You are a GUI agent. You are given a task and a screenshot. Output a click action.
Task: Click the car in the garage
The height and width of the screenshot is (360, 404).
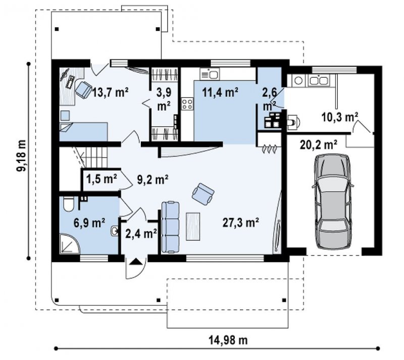[x=332, y=201]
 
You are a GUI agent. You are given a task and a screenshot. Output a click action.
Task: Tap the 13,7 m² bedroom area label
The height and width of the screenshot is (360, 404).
[x=110, y=92]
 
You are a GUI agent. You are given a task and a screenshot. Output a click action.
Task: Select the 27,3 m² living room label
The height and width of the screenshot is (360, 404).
[x=241, y=223]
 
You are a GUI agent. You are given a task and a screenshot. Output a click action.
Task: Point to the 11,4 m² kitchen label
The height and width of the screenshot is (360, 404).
[x=220, y=92]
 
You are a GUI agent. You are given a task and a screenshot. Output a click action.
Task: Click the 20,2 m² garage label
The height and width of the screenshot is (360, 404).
[x=319, y=145]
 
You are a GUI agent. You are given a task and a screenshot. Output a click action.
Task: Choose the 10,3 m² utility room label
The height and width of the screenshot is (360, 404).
[x=339, y=117]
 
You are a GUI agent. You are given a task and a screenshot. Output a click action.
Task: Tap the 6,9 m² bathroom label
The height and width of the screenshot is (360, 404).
[x=89, y=223]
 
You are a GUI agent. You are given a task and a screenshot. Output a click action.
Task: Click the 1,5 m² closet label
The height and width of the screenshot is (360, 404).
[x=102, y=179]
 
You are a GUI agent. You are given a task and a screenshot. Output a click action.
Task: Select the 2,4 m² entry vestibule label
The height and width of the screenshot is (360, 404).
[x=141, y=234]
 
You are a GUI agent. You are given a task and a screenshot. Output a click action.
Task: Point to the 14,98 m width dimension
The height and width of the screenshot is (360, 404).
[x=228, y=340]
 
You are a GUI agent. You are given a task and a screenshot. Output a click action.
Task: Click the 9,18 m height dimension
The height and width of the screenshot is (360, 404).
[x=21, y=156]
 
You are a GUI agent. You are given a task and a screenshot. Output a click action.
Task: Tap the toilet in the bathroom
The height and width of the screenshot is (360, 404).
[x=69, y=204]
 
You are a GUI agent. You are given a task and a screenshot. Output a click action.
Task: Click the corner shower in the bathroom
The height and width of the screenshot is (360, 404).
[x=69, y=243]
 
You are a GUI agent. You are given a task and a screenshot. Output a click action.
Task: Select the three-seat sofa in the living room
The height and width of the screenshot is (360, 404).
[x=170, y=227]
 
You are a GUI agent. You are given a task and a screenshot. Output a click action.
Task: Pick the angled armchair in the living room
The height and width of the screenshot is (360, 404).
[x=204, y=194]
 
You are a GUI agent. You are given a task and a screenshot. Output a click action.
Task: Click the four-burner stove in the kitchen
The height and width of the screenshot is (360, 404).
[x=187, y=104]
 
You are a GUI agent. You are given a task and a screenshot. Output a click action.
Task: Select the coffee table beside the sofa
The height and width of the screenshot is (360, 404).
[x=193, y=227]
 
